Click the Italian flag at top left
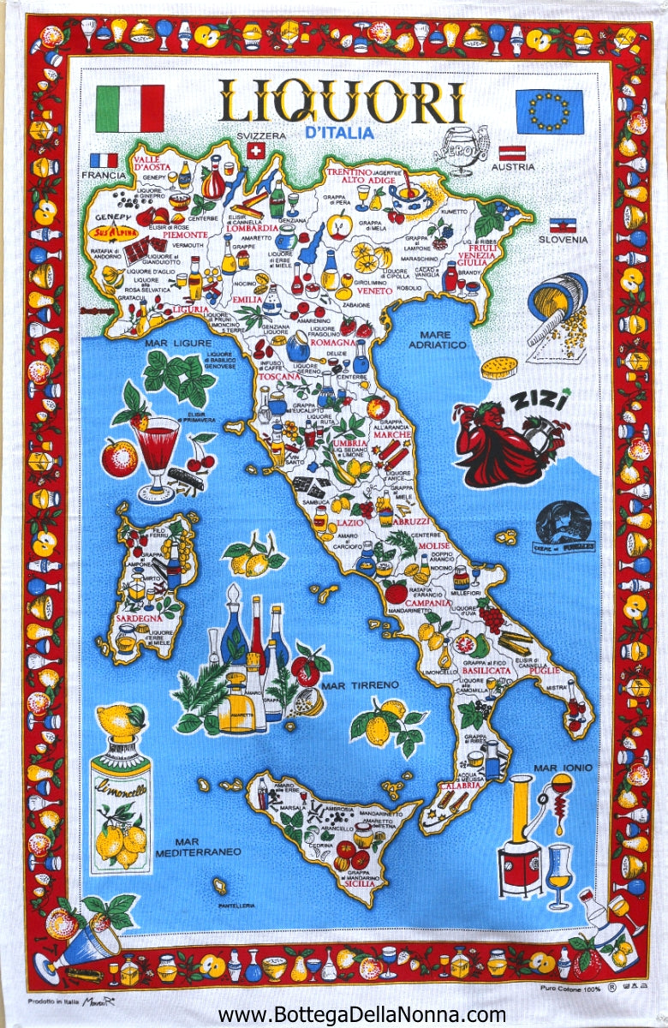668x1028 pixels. (129, 108)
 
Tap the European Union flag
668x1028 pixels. (549, 111)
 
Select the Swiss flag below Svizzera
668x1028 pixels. (255, 151)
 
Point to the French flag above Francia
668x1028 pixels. (104, 160)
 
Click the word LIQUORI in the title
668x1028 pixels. (342, 103)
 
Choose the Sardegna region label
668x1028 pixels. (138, 619)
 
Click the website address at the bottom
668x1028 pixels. (362, 1014)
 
